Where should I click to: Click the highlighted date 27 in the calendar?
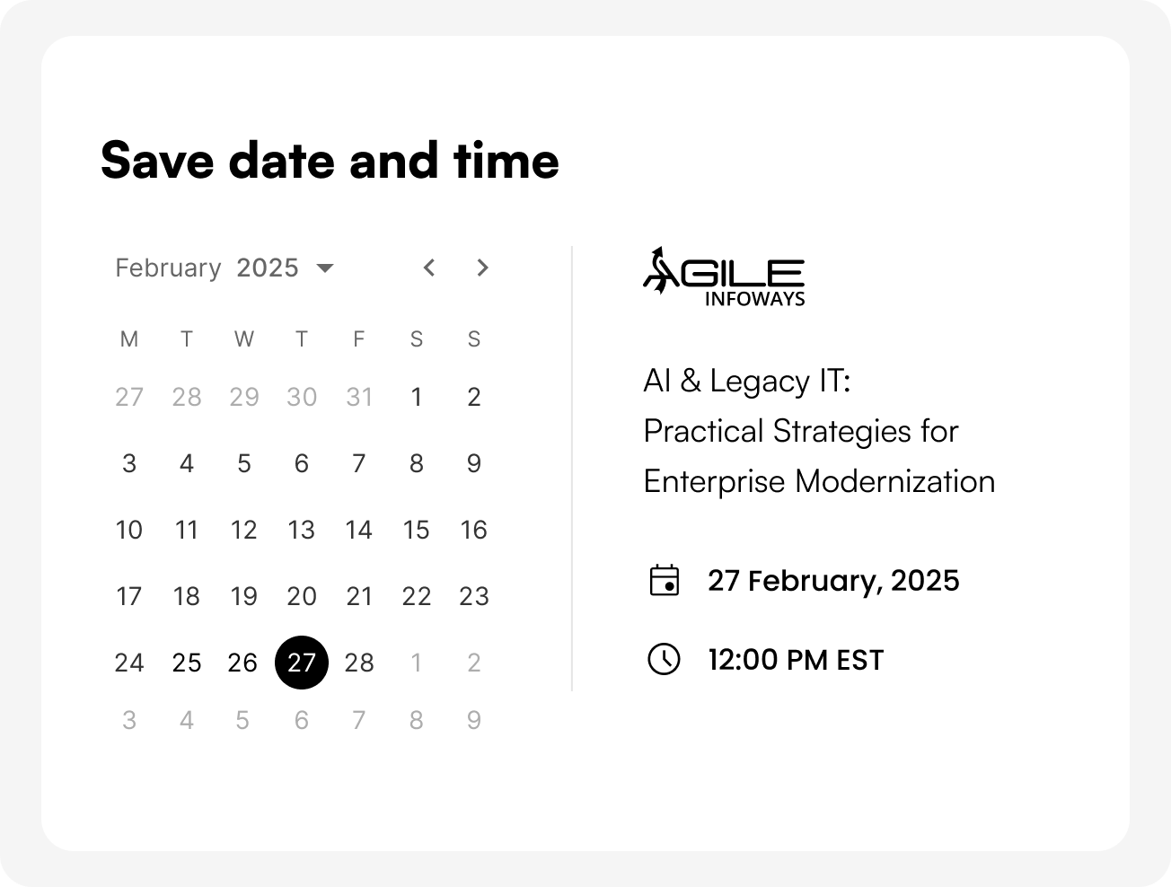tap(302, 663)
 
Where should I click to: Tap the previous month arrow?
tap(429, 268)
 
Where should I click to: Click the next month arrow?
tap(482, 268)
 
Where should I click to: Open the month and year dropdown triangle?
tap(325, 268)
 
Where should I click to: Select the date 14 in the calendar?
tap(358, 530)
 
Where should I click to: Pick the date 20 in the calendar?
tap(302, 596)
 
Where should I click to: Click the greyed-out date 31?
tap(358, 396)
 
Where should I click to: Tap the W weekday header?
tap(243, 338)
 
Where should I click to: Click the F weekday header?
tap(358, 338)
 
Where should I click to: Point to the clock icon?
tap(664, 659)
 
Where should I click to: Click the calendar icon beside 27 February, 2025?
tap(665, 580)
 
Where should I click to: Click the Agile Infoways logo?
tap(724, 277)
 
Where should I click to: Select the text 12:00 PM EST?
tap(796, 660)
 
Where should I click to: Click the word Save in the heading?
tap(157, 160)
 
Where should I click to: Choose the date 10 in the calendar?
tap(129, 530)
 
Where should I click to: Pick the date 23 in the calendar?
tap(474, 596)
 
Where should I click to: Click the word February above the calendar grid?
tap(168, 268)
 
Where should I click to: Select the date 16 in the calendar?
tap(474, 530)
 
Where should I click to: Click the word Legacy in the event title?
tap(760, 382)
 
